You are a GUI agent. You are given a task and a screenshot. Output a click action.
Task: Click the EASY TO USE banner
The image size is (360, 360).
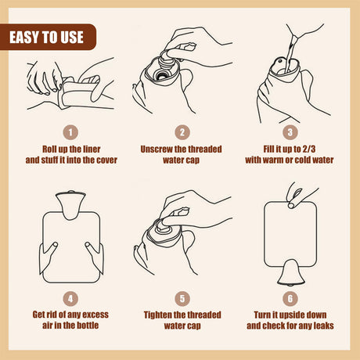(x=48, y=37)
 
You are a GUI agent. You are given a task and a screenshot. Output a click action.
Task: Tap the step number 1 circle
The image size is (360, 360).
(x=70, y=132)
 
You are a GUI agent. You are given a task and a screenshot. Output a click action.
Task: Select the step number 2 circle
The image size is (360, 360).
(x=182, y=132)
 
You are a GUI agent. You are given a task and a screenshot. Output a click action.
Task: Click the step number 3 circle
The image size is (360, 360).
(x=290, y=132)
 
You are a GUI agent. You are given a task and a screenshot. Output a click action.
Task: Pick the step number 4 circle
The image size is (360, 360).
(x=70, y=299)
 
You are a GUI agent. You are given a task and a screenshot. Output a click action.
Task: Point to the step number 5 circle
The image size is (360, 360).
(x=182, y=299)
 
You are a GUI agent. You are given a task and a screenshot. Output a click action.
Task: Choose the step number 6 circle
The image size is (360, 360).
(x=290, y=299)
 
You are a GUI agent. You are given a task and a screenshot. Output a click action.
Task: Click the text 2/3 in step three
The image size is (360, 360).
(x=309, y=149)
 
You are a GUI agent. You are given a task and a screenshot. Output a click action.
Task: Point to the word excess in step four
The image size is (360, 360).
(x=95, y=315)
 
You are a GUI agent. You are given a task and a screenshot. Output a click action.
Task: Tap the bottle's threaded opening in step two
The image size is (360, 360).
(x=162, y=75)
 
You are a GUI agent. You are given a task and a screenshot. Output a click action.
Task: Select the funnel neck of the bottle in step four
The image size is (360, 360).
(x=70, y=205)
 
